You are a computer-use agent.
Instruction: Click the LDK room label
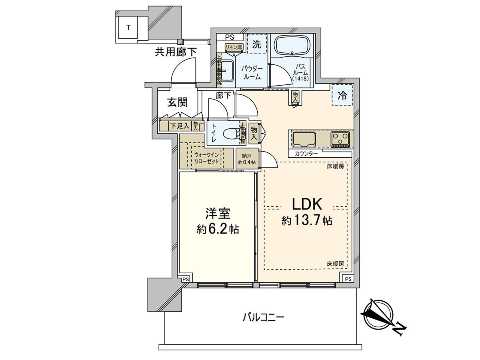(x=307, y=204)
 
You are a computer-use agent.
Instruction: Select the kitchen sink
(x=304, y=139)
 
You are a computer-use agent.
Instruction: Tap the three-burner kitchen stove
(x=340, y=139)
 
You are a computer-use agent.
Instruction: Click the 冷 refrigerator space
(x=342, y=95)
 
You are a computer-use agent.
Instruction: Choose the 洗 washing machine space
(x=256, y=44)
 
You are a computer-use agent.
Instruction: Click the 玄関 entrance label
(x=177, y=103)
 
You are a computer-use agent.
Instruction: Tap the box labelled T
(x=128, y=28)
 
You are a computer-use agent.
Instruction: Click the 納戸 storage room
(x=247, y=159)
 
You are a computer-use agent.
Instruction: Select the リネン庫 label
(x=234, y=47)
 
